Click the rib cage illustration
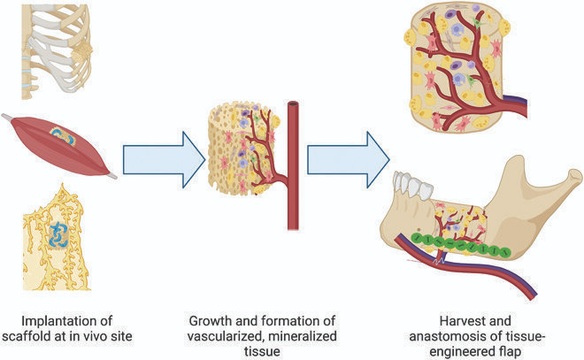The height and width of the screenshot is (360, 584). [x=58, y=44]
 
